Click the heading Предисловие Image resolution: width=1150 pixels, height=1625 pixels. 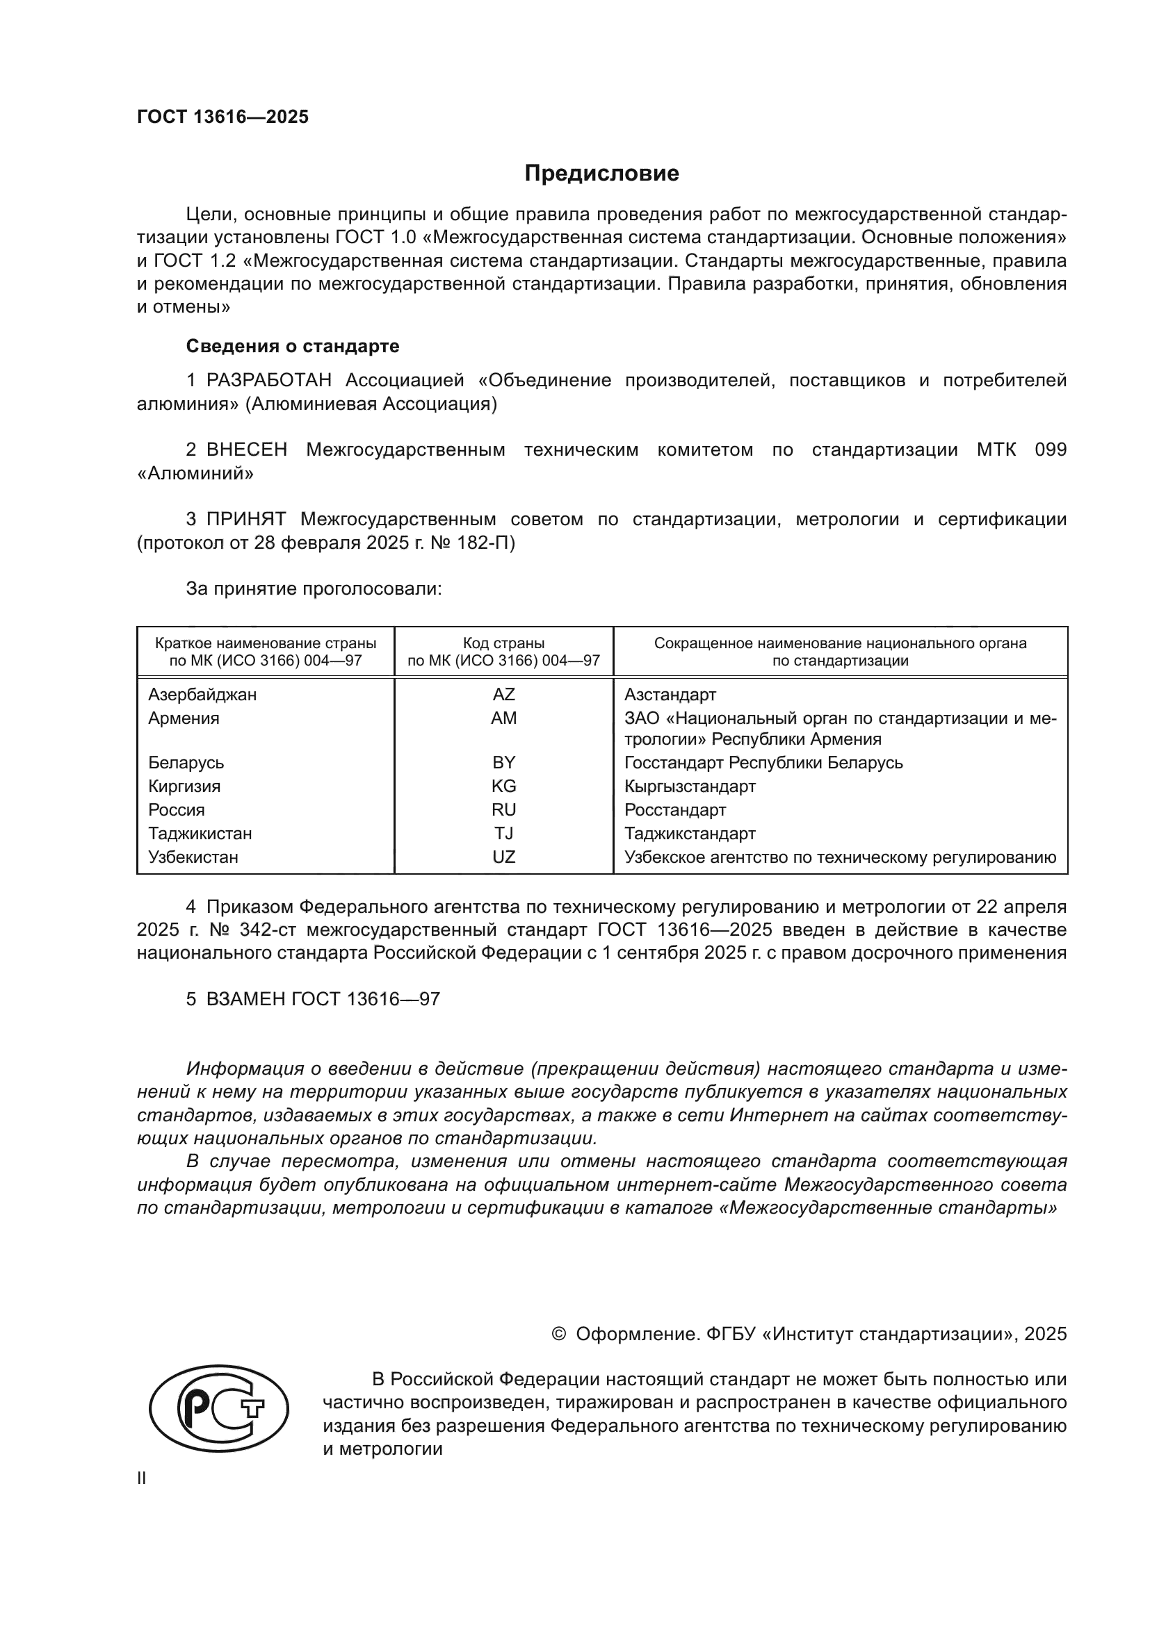[x=601, y=174]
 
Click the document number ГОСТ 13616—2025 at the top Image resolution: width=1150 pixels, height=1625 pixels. [x=222, y=117]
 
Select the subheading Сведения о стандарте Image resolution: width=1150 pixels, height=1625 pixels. [x=293, y=346]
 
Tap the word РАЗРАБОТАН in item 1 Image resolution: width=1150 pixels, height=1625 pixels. [x=268, y=381]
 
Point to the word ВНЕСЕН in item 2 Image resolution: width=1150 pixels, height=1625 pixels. [x=246, y=450]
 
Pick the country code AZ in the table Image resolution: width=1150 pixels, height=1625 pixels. [x=503, y=694]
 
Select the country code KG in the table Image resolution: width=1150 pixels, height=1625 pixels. [x=503, y=786]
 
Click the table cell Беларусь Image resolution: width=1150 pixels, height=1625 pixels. [x=186, y=763]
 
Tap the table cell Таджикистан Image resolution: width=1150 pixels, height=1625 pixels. [x=200, y=834]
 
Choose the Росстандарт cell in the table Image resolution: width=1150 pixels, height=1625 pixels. [x=675, y=809]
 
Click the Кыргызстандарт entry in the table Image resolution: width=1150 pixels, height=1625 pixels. [x=690, y=786]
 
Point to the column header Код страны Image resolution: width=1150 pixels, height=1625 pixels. [x=503, y=643]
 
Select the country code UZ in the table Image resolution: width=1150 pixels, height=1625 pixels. [x=503, y=857]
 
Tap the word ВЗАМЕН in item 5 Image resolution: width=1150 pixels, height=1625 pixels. [x=245, y=999]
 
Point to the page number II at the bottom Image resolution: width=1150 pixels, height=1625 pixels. [x=142, y=1478]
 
